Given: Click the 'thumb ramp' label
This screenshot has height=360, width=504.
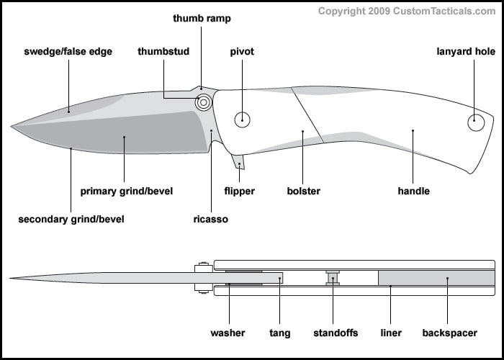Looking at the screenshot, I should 202,18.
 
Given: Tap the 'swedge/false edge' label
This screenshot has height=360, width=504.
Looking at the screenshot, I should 68,52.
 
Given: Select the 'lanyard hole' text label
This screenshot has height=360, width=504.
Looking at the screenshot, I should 466,52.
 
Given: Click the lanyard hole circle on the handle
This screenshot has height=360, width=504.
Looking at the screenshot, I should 476,122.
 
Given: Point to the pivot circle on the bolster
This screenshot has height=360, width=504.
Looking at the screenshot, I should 243,120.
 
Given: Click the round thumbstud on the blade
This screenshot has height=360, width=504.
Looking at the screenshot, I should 204,102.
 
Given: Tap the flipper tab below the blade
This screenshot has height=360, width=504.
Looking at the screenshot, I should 239,163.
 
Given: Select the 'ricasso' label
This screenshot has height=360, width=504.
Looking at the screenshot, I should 210,219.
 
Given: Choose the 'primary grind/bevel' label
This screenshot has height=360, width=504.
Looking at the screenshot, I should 127,192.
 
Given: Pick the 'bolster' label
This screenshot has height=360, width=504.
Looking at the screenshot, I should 303,192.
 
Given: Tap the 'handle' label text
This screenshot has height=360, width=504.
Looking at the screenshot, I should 413,192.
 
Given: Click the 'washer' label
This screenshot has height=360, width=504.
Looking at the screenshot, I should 228,333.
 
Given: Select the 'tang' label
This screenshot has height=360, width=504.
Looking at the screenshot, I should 280,333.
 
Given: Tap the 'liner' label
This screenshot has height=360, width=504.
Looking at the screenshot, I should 390,333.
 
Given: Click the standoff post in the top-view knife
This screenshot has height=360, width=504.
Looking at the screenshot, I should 333,278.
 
